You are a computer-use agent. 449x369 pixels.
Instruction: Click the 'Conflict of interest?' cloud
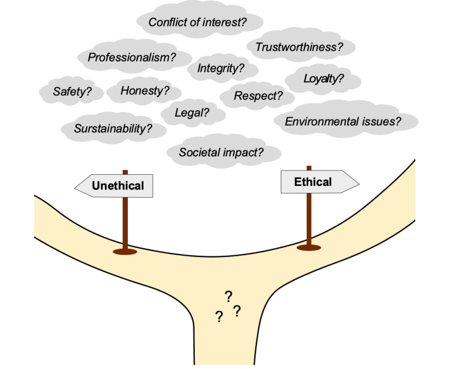(x=197, y=23)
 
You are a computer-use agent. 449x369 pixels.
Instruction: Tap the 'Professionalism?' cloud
(x=132, y=57)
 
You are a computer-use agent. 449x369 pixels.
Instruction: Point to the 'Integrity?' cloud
(x=220, y=69)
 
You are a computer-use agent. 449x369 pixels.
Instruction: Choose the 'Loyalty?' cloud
(x=323, y=79)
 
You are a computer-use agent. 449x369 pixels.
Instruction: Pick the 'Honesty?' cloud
(x=145, y=91)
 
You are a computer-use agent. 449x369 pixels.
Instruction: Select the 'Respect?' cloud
(x=258, y=95)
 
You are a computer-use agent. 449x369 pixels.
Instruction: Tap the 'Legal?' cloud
(x=191, y=112)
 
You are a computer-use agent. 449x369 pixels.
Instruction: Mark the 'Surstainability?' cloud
(x=113, y=128)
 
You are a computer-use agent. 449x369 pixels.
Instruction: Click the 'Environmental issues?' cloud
(x=343, y=121)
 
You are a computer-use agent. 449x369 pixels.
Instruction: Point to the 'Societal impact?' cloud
(x=221, y=152)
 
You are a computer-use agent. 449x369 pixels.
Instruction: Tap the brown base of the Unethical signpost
(x=124, y=252)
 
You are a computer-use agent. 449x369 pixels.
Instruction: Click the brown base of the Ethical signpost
(x=309, y=247)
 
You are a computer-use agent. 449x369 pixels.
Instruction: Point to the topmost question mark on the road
(x=228, y=296)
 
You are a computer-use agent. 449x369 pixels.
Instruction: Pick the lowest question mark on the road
(x=219, y=317)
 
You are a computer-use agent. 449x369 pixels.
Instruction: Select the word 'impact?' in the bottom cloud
(x=244, y=152)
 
